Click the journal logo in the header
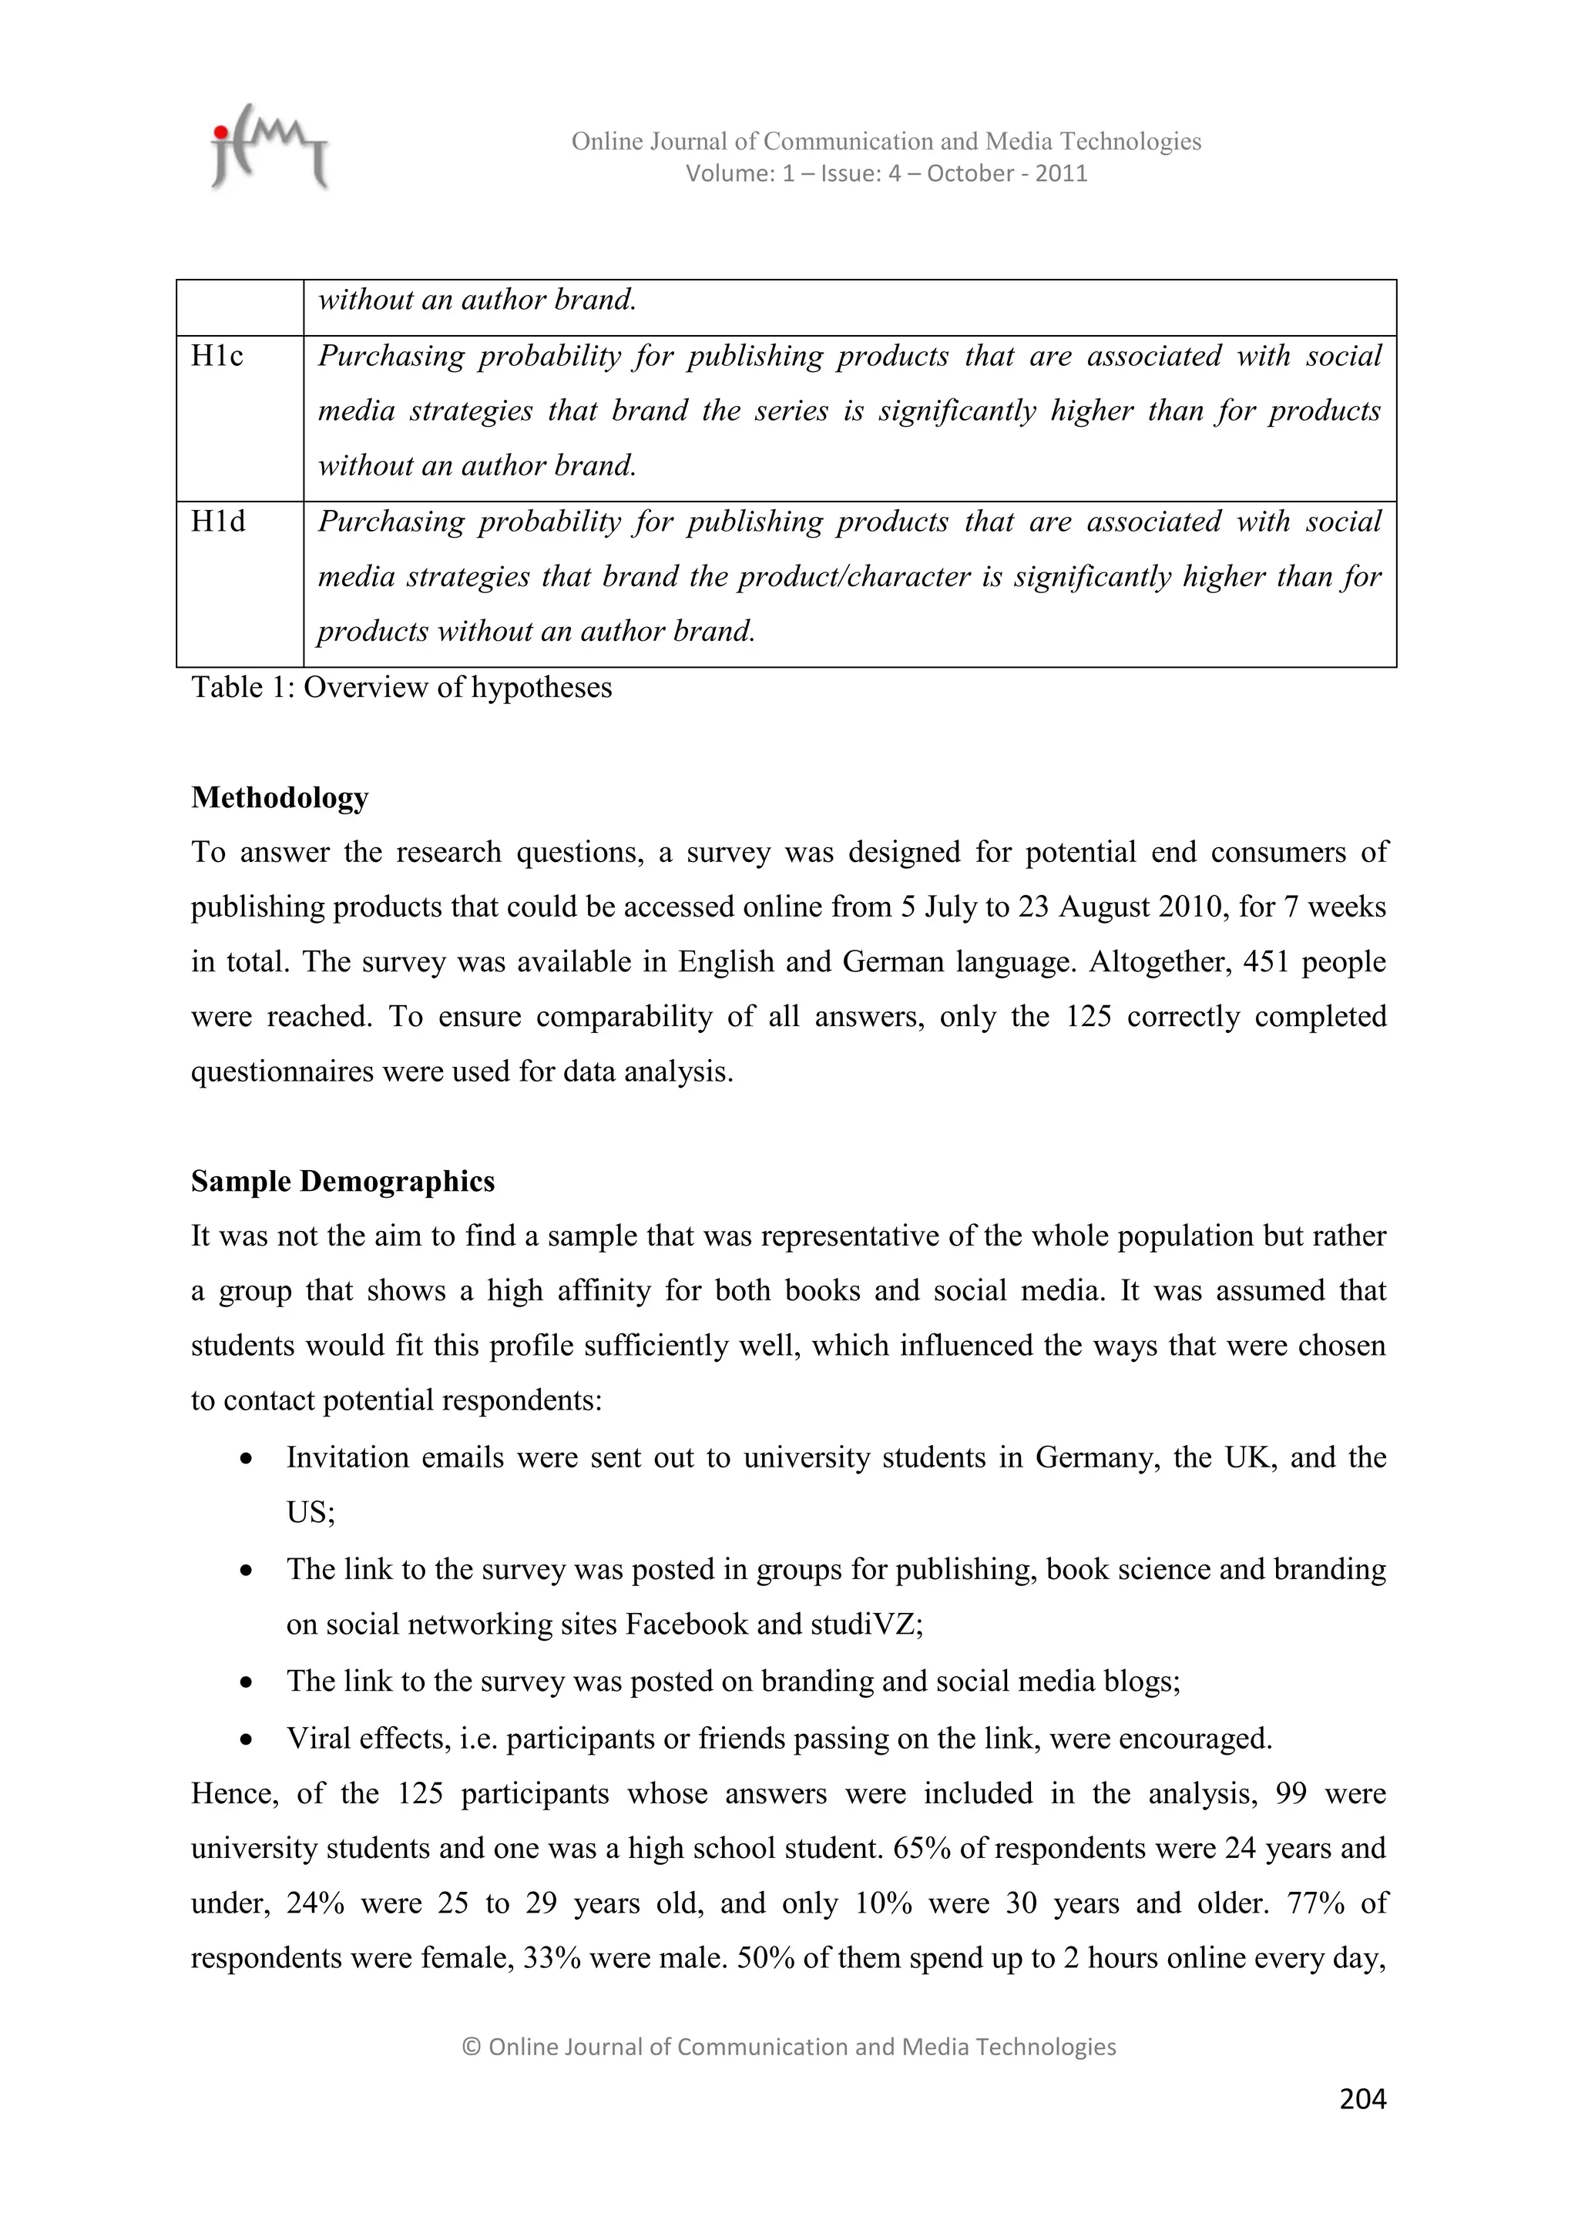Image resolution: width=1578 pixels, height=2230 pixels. click(269, 148)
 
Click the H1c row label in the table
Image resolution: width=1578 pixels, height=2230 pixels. click(217, 357)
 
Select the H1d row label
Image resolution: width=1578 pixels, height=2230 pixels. click(217, 522)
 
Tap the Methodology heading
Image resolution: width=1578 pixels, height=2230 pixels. click(280, 797)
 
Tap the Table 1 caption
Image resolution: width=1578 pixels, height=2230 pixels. click(401, 688)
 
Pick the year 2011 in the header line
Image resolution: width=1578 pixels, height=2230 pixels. click(1061, 174)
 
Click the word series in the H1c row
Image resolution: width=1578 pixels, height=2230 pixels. click(792, 411)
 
